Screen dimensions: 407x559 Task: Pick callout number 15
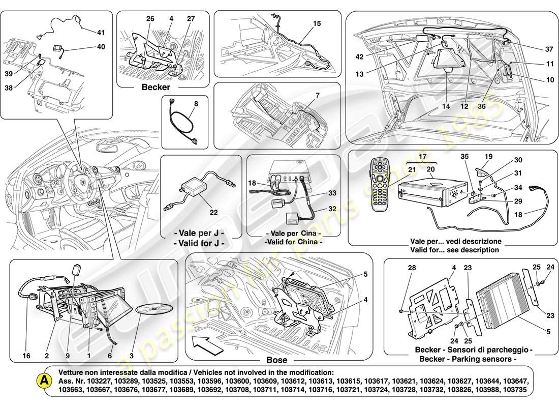[x=317, y=23]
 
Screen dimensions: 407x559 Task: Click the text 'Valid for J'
[x=199, y=243]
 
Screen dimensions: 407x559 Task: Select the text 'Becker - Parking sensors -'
[x=465, y=360]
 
